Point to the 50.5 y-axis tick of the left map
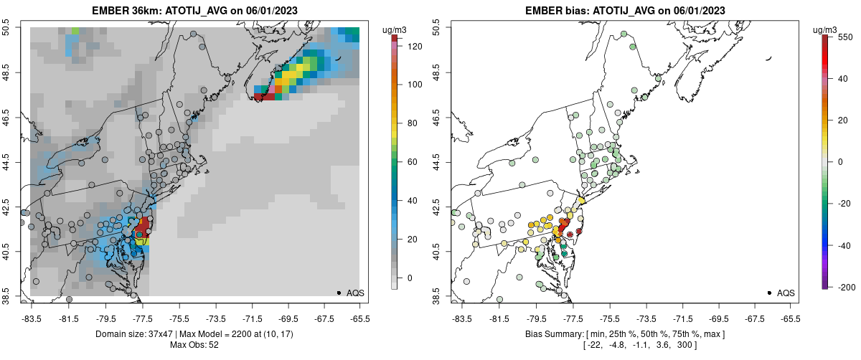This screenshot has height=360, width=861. (11, 28)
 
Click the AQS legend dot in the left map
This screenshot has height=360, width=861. (339, 293)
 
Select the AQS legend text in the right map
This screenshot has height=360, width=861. (786, 293)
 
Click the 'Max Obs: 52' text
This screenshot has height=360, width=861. (194, 345)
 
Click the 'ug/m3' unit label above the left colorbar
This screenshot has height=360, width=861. (395, 29)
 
